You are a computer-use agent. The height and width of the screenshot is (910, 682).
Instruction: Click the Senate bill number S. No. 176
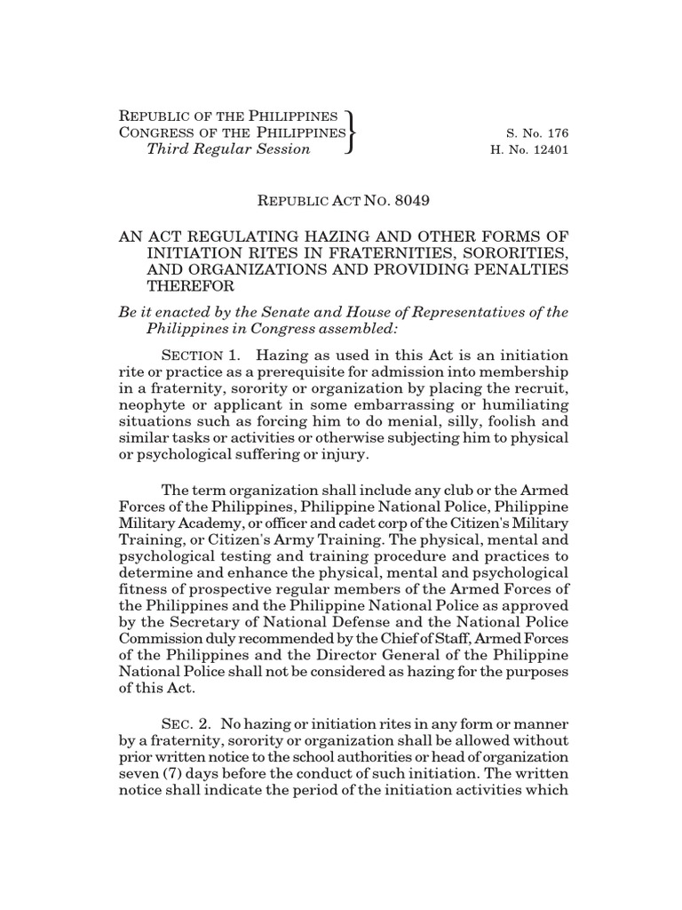535,133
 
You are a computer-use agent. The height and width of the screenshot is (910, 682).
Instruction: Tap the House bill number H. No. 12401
529,150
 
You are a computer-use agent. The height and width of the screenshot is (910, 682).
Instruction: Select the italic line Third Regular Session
228,149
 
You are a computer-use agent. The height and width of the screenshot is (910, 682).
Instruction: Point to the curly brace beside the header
353,132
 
